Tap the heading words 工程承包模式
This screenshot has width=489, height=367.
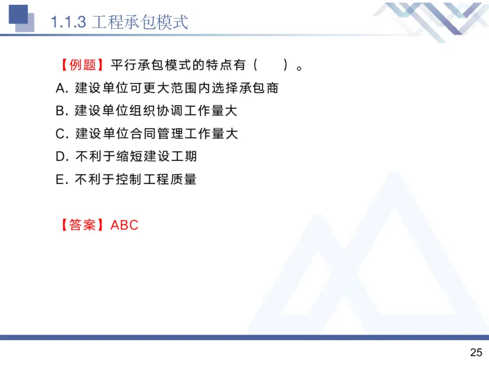(x=139, y=23)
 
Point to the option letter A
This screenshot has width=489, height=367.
(x=60, y=88)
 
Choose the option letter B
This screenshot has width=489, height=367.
(x=60, y=111)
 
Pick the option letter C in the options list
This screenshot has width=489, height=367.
(x=60, y=133)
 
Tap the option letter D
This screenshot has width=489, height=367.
(x=60, y=157)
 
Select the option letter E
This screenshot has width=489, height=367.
(x=60, y=179)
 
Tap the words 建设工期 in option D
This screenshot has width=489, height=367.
(x=169, y=157)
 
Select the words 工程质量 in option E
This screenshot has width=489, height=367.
(x=169, y=179)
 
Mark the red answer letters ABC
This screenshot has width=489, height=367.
(x=125, y=224)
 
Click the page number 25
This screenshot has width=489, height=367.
(x=476, y=352)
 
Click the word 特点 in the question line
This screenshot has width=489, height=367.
(x=213, y=65)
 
